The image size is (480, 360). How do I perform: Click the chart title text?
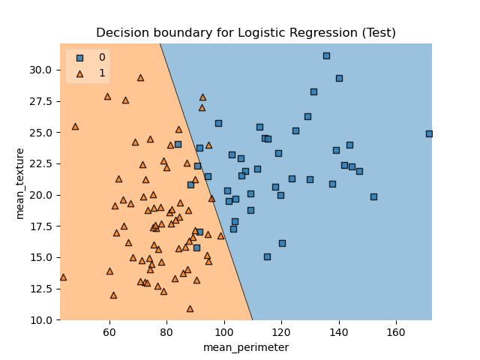246,33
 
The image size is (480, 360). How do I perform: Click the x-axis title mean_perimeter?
246,347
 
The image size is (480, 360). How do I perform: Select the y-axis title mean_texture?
20,182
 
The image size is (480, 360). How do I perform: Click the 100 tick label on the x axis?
224,331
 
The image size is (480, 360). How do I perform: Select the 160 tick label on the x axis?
396,331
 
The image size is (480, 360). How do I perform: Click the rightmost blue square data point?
429,133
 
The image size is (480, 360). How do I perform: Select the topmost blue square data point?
326,55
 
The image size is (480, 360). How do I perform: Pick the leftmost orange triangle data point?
63,277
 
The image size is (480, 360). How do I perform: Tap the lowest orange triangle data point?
190,308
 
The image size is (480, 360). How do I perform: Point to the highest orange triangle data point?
140,77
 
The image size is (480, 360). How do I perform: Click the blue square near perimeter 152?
373,196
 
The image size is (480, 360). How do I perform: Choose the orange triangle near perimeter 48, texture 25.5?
75,126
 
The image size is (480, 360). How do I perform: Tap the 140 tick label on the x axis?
339,331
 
